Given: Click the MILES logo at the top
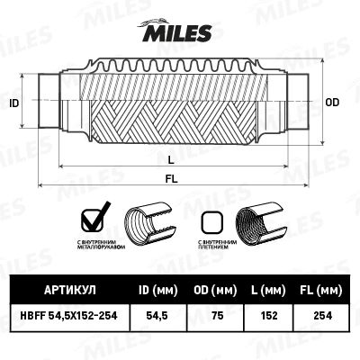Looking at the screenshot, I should tap(179, 33).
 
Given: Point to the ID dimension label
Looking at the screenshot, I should tap(13, 103).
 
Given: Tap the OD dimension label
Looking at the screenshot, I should tap(332, 103).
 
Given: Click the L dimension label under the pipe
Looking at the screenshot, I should tap(171, 158).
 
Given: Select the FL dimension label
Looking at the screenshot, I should tap(171, 179).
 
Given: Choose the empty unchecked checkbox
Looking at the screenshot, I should tap(211, 220).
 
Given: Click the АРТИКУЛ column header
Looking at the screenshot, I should tap(69, 290).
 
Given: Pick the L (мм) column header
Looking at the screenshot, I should tap(266, 290).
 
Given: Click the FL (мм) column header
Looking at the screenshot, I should tap(319, 290).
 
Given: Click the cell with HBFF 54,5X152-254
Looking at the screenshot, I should tap(69, 316).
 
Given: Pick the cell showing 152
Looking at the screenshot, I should tap(266, 316).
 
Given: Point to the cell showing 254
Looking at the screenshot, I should tap(319, 316).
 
